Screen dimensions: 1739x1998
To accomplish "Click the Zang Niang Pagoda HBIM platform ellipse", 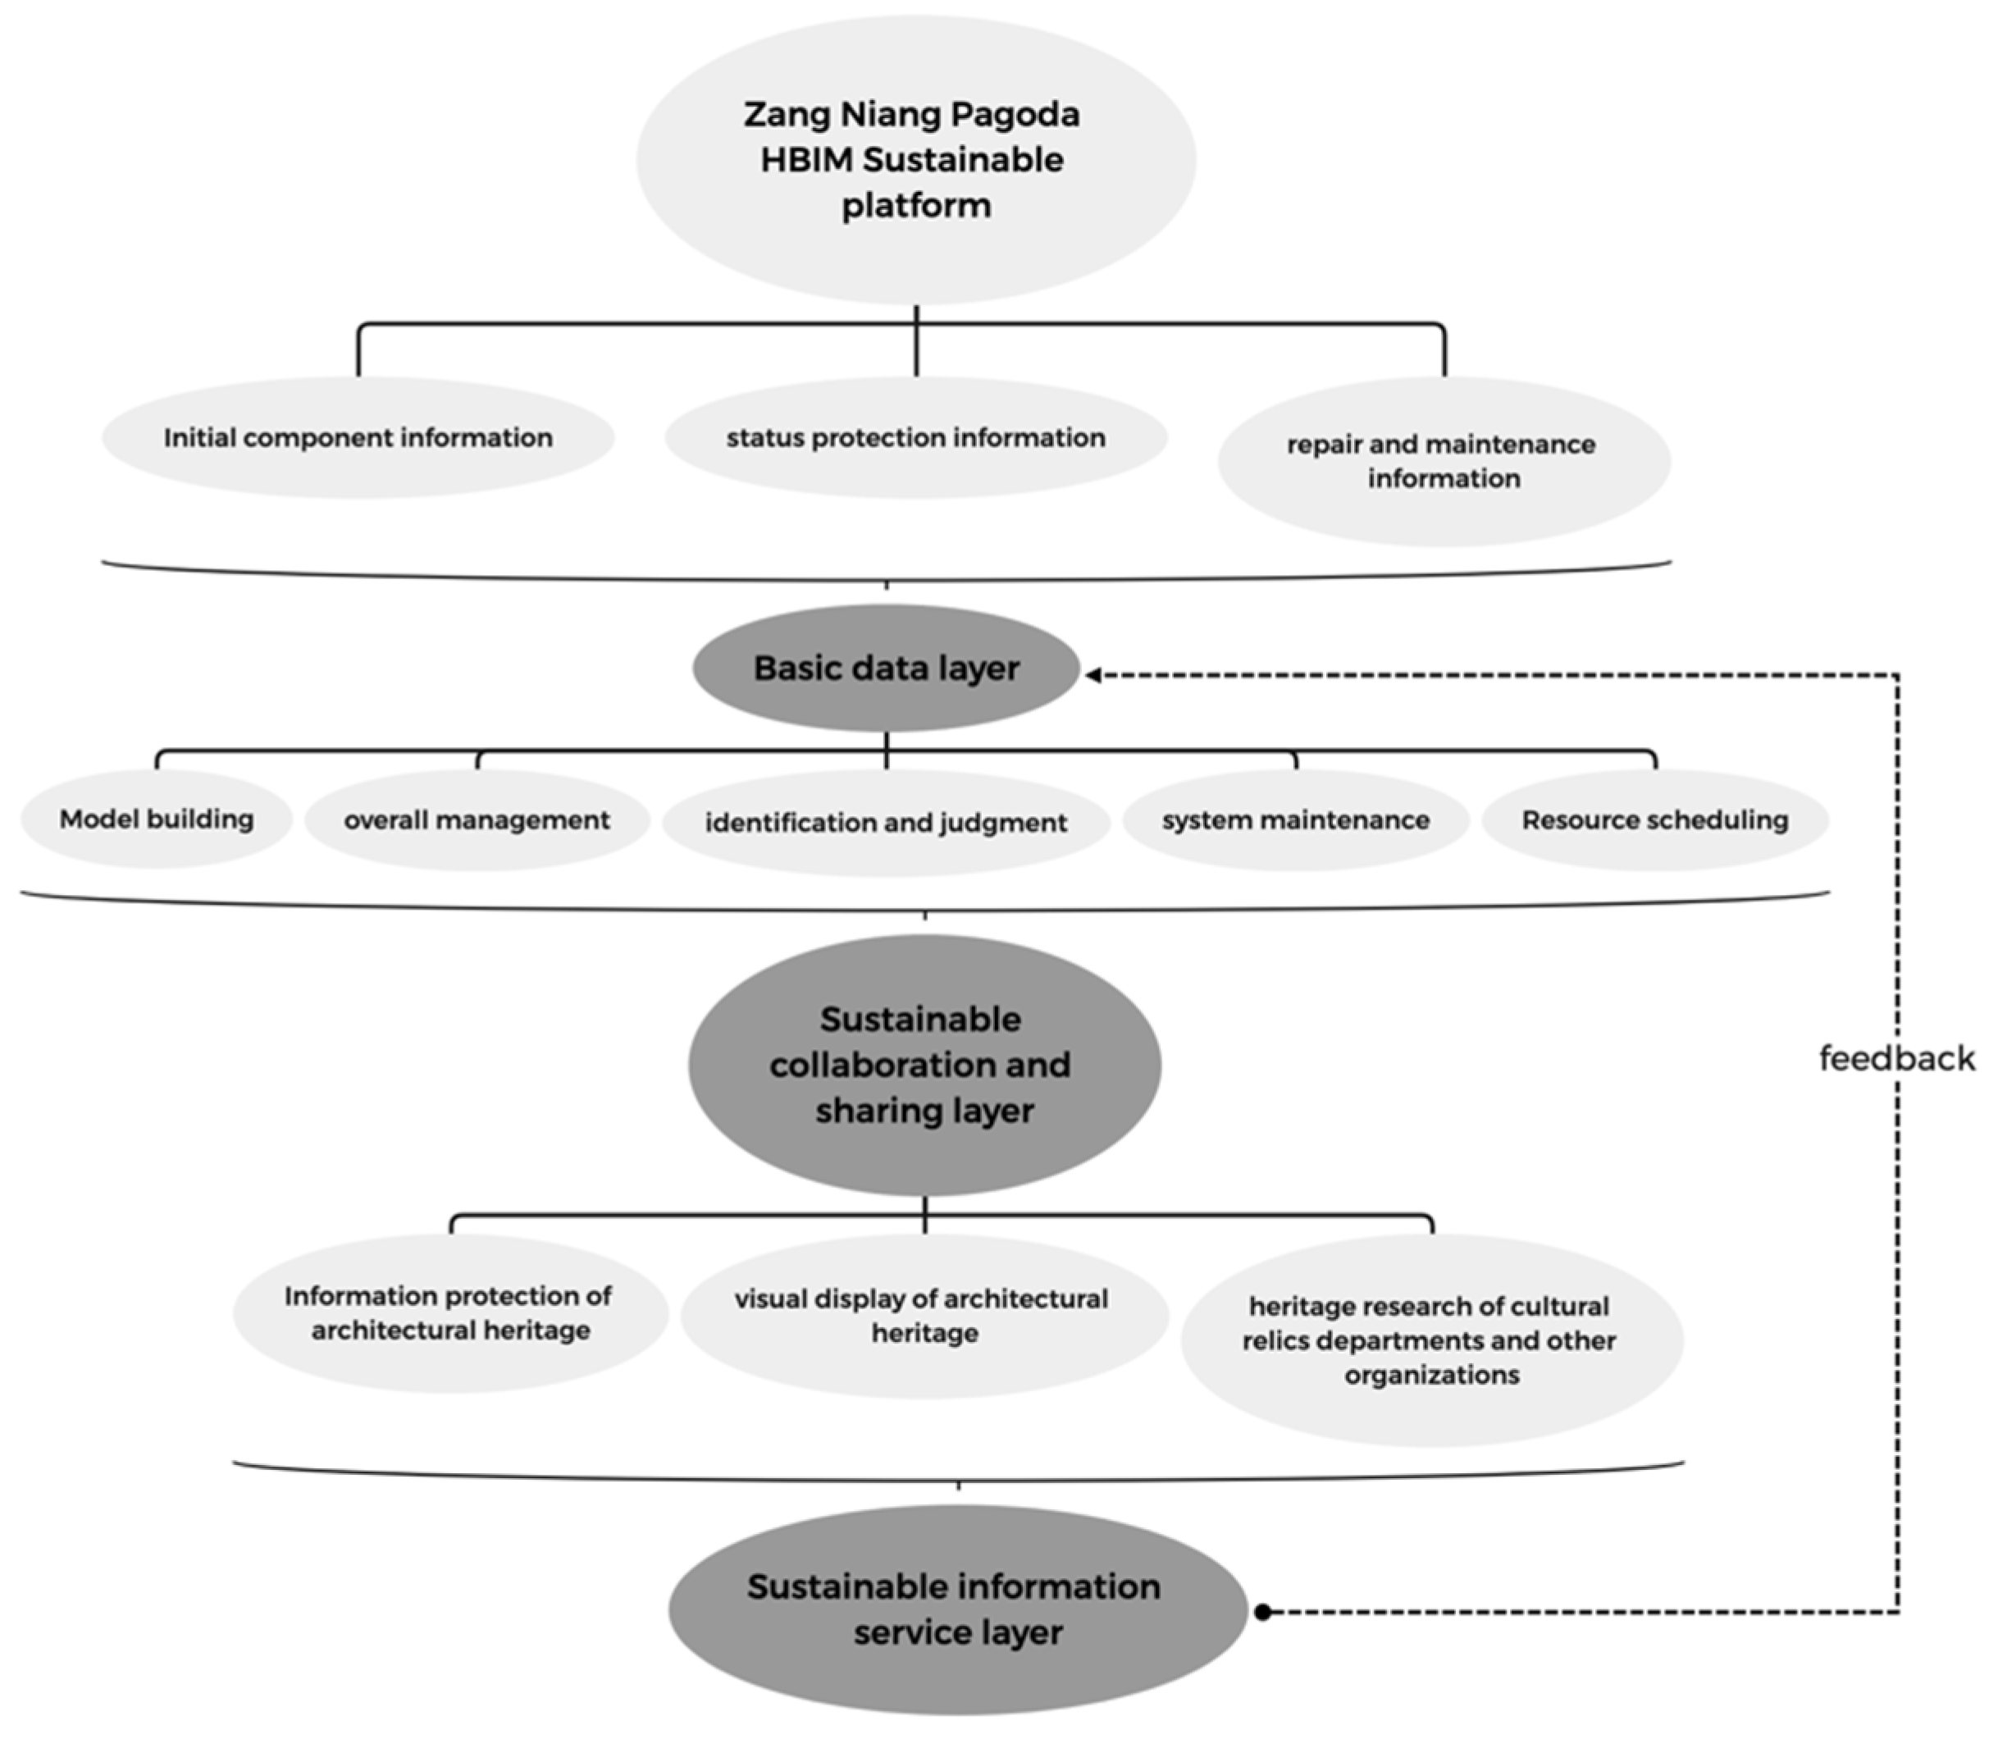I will [x=916, y=160].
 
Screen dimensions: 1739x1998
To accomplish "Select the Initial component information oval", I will [x=358, y=438].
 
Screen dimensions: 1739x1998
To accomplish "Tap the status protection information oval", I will [x=916, y=438].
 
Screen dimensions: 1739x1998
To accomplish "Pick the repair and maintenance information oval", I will [x=1443, y=461].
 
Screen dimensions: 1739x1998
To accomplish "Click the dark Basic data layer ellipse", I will [x=886, y=668].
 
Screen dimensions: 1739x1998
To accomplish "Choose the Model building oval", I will [x=156, y=819].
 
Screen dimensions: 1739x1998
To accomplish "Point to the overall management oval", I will [x=477, y=820].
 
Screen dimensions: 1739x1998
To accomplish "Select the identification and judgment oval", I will [x=886, y=823].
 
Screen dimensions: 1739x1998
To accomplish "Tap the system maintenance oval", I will [x=1295, y=820].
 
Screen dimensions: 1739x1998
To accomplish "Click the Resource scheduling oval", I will [x=1654, y=820].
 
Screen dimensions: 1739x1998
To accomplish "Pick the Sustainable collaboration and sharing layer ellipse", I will [x=924, y=1065].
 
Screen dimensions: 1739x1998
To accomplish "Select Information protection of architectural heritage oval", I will [x=449, y=1313].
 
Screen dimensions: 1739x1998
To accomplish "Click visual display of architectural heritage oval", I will [x=924, y=1316].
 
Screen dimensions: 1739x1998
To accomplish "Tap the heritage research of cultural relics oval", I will [x=1431, y=1340].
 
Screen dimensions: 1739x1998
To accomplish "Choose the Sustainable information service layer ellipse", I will [x=957, y=1610].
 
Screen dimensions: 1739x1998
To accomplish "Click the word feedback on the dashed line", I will [x=1896, y=1058].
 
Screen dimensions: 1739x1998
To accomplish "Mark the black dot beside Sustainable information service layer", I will [x=1262, y=1612].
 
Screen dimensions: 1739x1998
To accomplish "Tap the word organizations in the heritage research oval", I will [x=1431, y=1375].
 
